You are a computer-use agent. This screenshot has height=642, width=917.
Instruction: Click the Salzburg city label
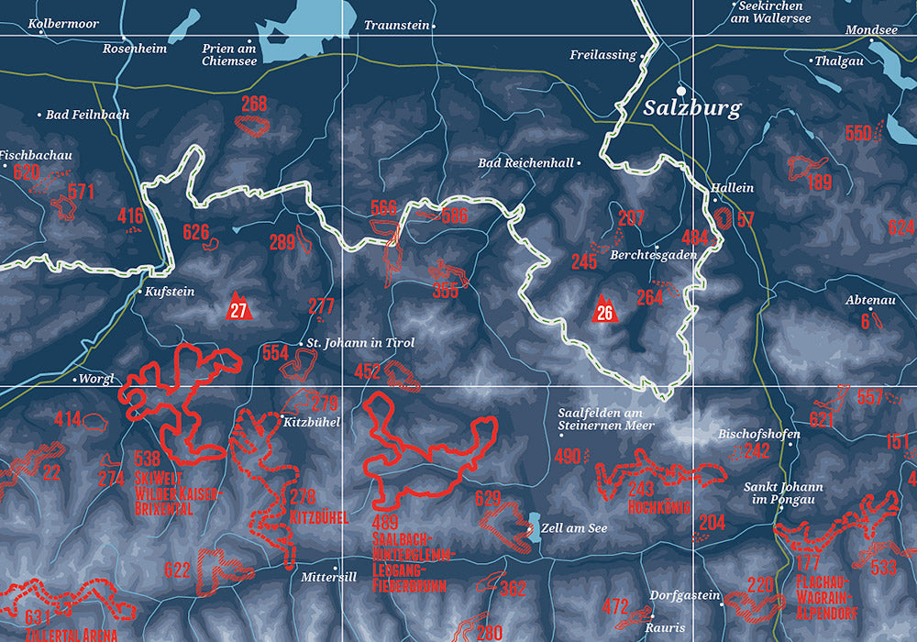pos(691,107)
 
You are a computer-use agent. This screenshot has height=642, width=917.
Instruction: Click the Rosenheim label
pos(134,49)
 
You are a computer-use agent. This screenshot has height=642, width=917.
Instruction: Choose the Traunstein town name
pos(396,26)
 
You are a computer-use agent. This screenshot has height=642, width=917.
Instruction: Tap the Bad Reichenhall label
pos(525,163)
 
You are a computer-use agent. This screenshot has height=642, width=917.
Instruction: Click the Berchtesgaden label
pos(654,256)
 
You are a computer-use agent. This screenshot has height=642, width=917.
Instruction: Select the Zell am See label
pos(575,528)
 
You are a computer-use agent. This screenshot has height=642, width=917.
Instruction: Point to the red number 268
pos(254,105)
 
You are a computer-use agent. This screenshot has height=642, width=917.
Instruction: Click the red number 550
pos(857,134)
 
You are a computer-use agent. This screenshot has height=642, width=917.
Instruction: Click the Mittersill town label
pos(328,578)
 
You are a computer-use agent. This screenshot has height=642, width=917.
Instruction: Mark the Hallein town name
pos(733,188)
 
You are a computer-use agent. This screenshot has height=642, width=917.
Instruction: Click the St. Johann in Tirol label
pos(359,343)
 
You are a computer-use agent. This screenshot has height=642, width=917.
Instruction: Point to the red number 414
pos(67,420)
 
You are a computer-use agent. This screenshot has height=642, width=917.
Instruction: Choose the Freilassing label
pos(602,55)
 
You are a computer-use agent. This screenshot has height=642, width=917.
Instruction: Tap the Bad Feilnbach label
pos(87,115)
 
